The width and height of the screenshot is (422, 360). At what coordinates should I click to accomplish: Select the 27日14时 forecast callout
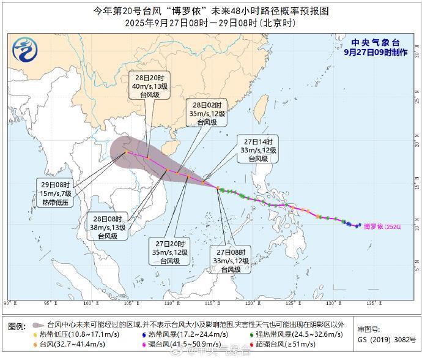tap(259, 150)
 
